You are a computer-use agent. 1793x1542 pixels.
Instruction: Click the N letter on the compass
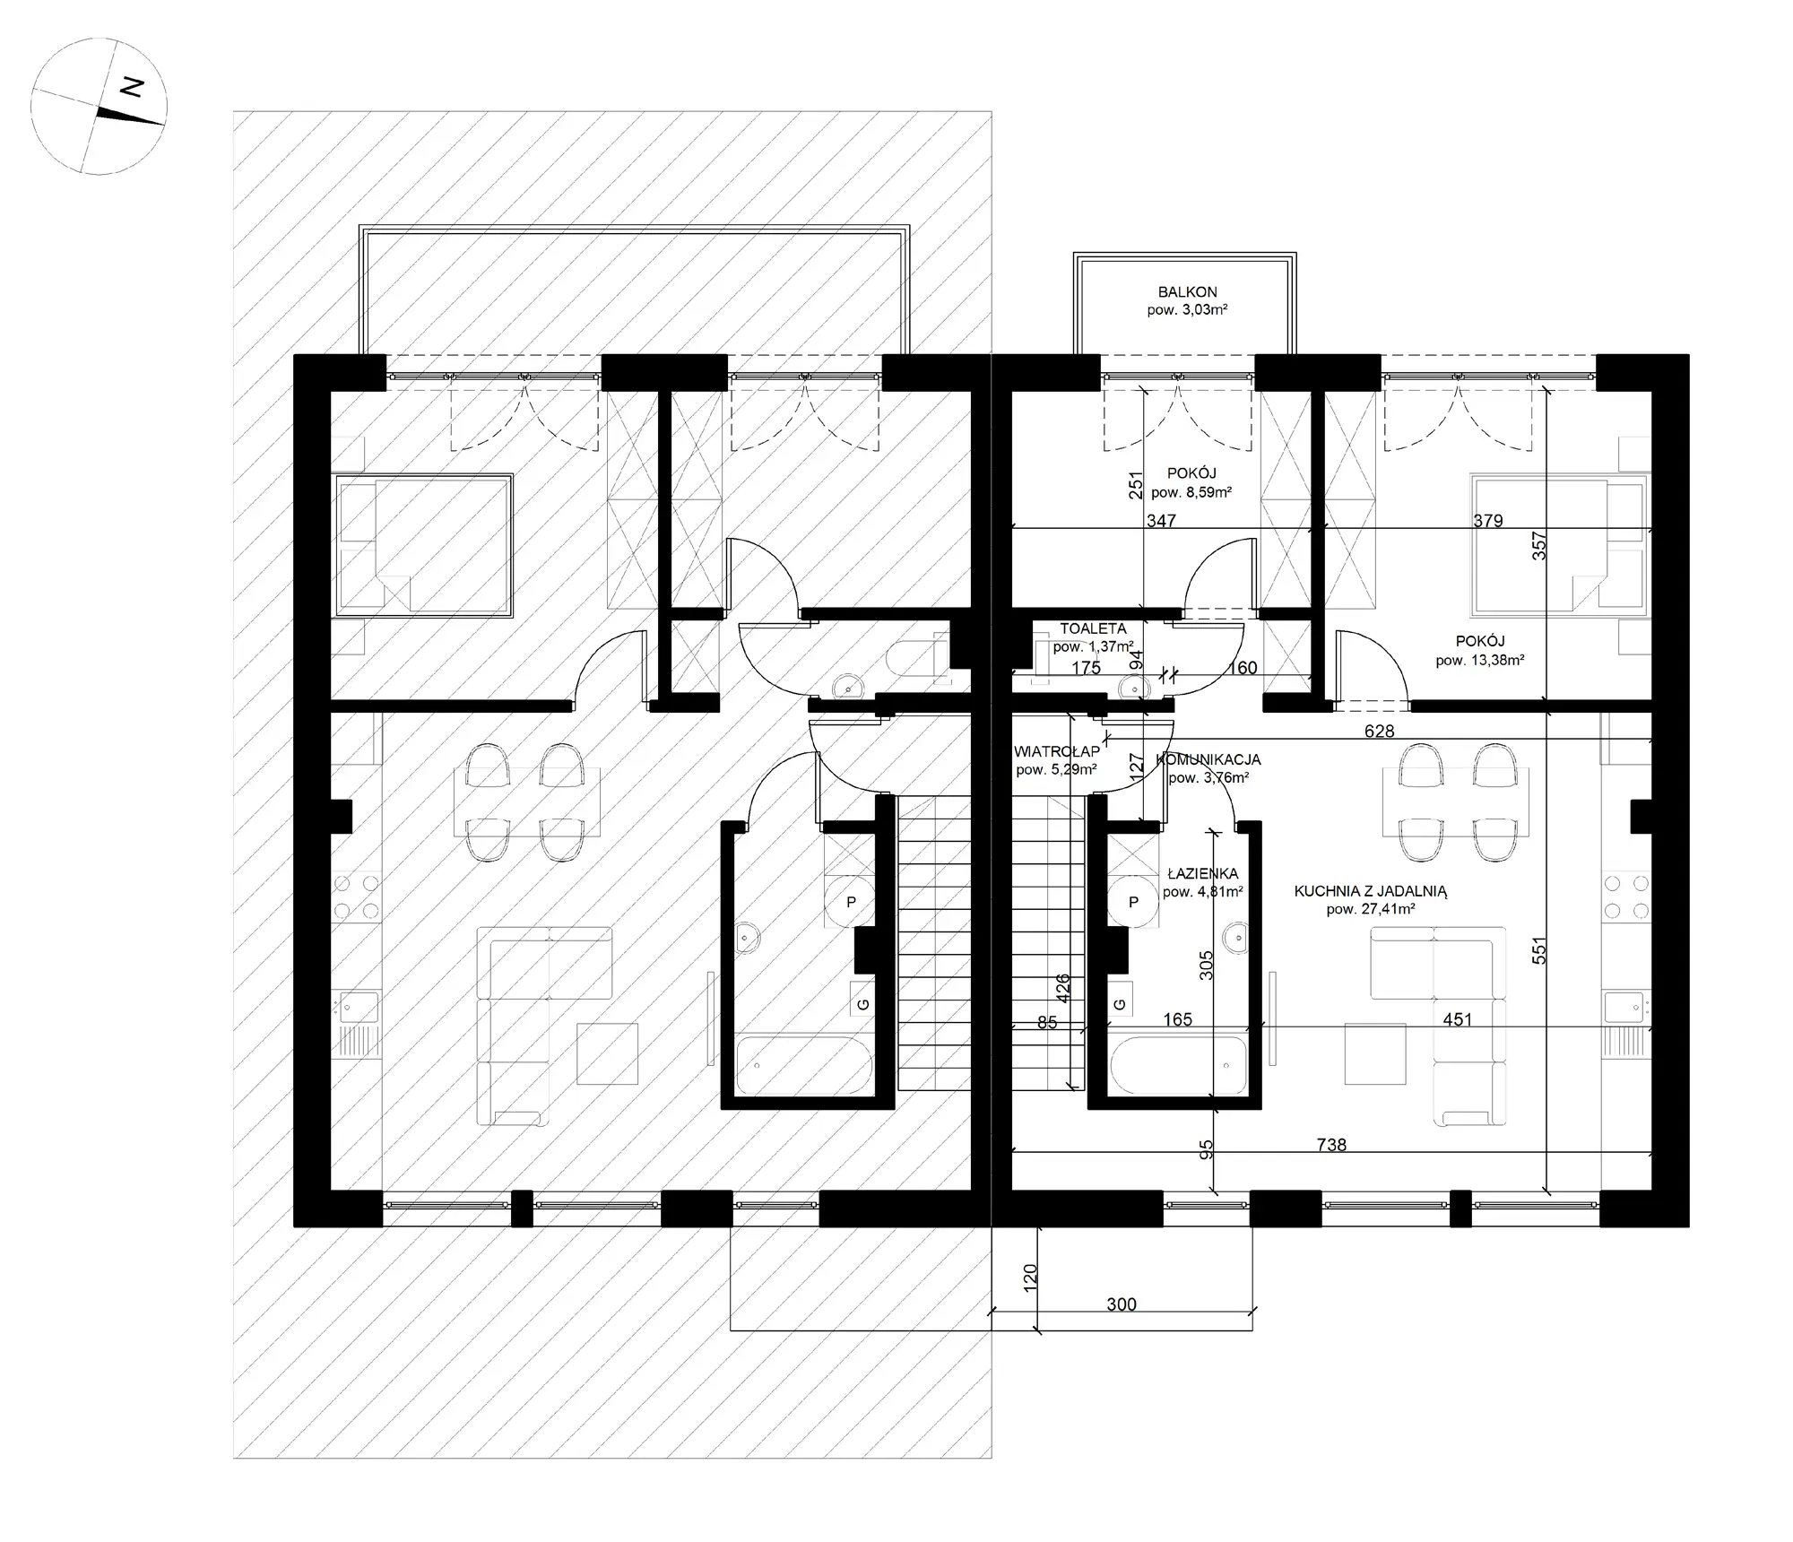[133, 87]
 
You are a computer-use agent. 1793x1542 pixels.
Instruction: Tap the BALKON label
[1187, 292]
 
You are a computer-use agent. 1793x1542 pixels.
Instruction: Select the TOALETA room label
[1093, 629]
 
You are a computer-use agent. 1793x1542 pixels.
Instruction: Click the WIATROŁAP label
[1057, 751]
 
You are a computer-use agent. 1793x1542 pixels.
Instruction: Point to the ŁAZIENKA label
[1202, 873]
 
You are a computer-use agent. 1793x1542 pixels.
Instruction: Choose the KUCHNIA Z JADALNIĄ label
[1371, 891]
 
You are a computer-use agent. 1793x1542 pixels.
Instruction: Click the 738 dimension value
[1331, 1145]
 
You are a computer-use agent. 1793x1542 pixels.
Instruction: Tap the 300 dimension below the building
[1122, 1304]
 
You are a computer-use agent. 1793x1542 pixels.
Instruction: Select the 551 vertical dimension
[1538, 950]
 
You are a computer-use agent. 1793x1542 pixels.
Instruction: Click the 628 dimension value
[1379, 732]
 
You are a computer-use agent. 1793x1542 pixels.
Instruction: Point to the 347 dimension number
[1161, 520]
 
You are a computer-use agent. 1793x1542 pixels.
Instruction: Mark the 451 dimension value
[1458, 1019]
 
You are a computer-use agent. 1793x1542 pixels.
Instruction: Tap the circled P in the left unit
[851, 902]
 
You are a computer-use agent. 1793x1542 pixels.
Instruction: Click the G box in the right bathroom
[1119, 1005]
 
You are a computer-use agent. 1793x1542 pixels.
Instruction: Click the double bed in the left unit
[423, 545]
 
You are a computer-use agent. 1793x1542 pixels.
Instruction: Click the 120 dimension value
[1029, 1277]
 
